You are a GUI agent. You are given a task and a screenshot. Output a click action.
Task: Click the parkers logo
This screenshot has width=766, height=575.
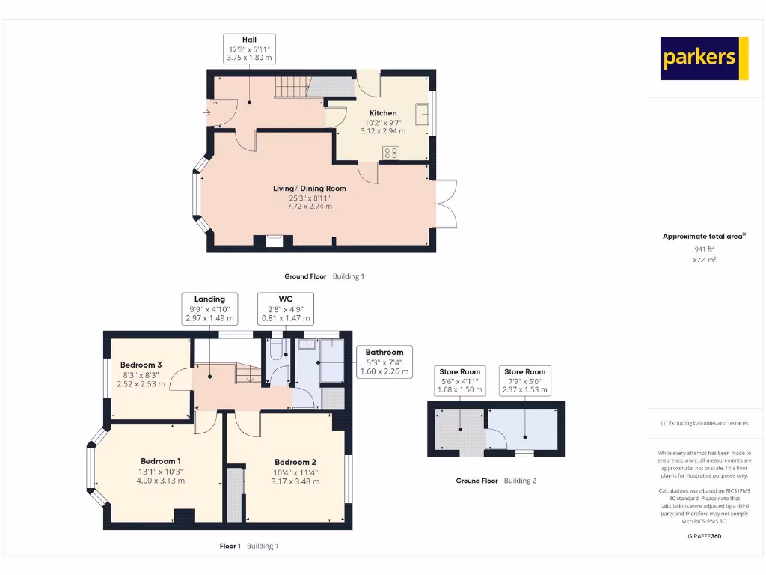[704, 58]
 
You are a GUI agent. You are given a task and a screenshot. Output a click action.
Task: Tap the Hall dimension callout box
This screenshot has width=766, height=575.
[250, 49]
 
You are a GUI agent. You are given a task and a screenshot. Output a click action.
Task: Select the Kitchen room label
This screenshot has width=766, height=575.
[383, 113]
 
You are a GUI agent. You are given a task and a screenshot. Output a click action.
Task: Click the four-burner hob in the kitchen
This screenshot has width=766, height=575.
[390, 152]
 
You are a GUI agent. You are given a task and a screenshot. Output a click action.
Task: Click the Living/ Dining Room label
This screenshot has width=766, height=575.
[310, 189]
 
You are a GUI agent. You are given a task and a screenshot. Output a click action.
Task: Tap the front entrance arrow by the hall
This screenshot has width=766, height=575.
[206, 113]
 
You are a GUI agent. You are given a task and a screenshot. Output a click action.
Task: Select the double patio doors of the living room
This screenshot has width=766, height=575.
[446, 203]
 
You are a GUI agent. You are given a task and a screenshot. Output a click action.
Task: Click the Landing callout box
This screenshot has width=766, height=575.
[209, 308]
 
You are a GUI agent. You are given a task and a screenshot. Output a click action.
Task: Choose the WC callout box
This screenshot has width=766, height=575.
[286, 308]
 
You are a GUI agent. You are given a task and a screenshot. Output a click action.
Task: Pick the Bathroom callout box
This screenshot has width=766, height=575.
[384, 362]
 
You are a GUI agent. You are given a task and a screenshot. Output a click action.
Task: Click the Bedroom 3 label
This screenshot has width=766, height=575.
[141, 365]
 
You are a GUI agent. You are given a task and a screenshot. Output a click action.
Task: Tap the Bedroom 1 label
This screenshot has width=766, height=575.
[161, 461]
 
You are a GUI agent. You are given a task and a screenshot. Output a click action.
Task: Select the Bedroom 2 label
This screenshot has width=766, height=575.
[295, 462]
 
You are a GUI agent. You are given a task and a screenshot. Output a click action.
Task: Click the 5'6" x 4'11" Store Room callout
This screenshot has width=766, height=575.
[460, 380]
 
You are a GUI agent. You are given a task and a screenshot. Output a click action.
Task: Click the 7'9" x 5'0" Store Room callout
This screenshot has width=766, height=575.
[524, 380]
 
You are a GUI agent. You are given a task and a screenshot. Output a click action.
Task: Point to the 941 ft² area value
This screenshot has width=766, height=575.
[703, 249]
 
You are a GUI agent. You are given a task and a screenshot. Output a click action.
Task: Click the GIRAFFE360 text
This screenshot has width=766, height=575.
[703, 536]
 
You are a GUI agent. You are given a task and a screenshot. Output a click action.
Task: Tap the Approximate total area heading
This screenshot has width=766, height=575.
[703, 237]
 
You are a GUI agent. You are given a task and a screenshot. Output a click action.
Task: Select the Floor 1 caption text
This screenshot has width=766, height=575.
[230, 547]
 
